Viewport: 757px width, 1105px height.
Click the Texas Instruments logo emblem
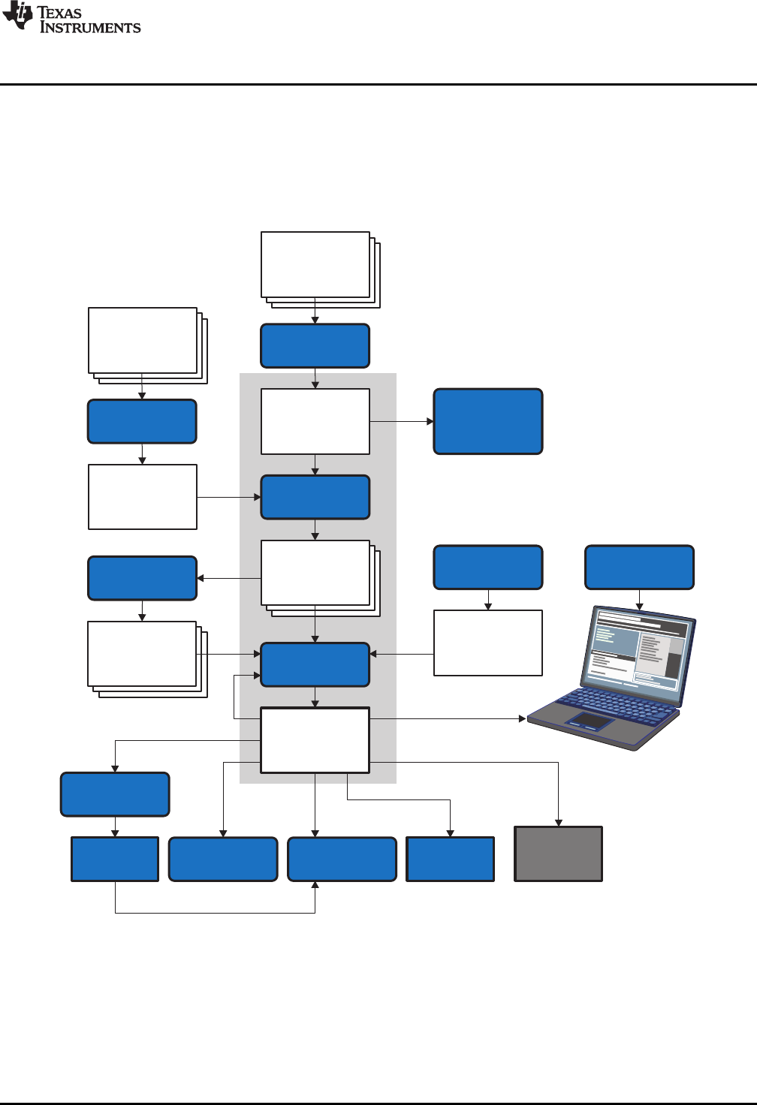click(17, 16)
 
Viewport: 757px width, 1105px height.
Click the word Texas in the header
click(59, 13)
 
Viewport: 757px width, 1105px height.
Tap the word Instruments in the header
click(90, 28)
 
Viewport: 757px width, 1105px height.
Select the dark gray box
click(558, 854)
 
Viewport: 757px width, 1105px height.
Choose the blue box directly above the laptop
click(639, 568)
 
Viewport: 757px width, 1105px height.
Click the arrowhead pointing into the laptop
click(523, 719)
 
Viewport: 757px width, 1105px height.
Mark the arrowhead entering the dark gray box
click(558, 823)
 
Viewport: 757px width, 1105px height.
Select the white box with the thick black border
click(315, 740)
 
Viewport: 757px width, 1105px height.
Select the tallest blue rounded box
click(488, 421)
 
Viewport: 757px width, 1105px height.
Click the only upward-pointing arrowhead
click(315, 886)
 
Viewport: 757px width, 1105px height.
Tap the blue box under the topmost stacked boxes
click(315, 346)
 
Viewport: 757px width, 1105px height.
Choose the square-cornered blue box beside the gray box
click(450, 859)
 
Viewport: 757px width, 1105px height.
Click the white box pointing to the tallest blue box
click(315, 421)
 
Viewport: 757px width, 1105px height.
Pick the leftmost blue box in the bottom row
click(115, 859)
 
